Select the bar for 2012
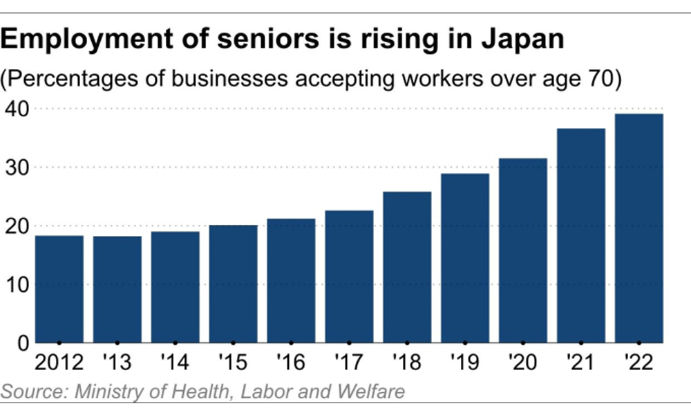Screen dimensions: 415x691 point(59,289)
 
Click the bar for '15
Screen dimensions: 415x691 point(233,284)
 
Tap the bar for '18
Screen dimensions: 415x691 point(407,267)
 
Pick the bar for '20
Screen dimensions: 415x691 point(523,250)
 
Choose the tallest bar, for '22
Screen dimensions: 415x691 point(639,228)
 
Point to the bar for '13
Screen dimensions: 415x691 point(117,289)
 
